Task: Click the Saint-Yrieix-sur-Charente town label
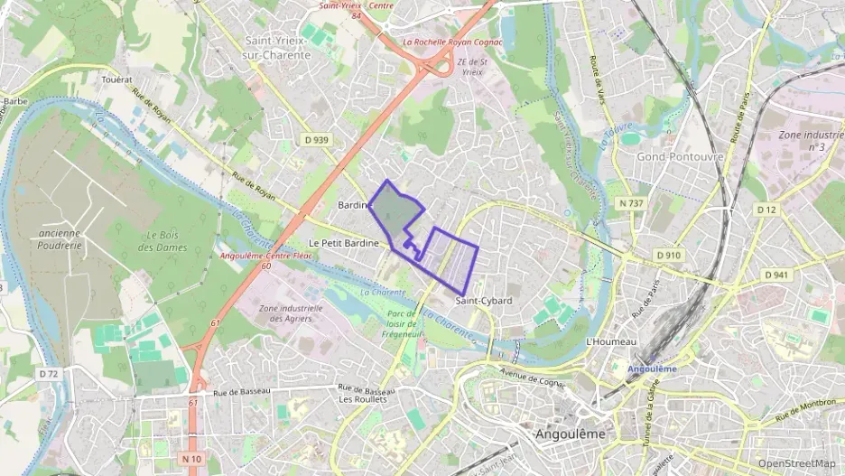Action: pos(277,48)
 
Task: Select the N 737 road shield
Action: pos(632,203)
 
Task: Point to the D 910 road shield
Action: pos(668,255)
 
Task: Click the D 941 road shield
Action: pos(776,275)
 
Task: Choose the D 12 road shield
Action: pos(766,210)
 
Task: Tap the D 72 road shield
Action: pos(49,373)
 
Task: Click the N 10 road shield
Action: pos(191,459)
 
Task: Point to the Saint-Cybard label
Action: pos(484,301)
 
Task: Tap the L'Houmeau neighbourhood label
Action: pos(611,342)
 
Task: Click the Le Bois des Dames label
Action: pos(166,241)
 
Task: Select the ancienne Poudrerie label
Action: pos(60,238)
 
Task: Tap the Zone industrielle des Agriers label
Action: pos(291,313)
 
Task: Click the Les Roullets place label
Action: pos(363,399)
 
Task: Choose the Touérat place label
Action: pos(116,79)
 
